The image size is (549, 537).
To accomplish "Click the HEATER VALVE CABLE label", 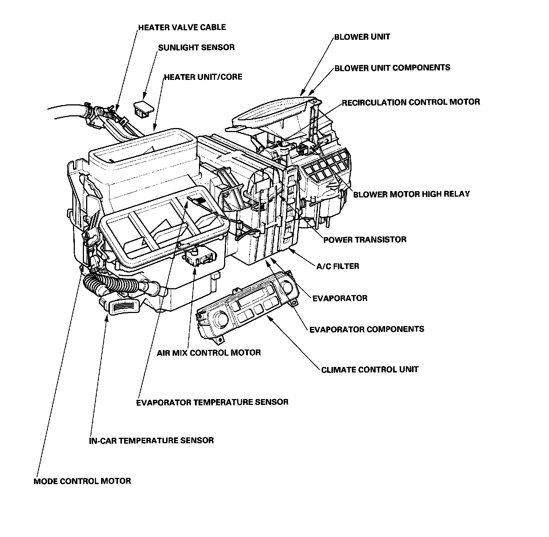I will click(182, 27).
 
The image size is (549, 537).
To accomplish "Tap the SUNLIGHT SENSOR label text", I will click(196, 48).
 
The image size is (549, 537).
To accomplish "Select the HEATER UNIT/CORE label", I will click(203, 77).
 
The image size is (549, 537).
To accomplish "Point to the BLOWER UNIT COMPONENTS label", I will click(392, 68).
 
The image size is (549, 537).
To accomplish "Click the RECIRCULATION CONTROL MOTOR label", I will click(411, 102).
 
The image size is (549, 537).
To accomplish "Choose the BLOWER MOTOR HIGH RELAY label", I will click(411, 194).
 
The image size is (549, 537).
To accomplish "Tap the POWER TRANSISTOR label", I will click(365, 240).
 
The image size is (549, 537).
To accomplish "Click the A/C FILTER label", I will click(337, 266).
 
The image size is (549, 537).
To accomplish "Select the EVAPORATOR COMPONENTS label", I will click(366, 329).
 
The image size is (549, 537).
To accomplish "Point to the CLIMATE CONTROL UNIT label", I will click(369, 370).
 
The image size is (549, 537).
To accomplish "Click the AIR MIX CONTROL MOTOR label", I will click(209, 353).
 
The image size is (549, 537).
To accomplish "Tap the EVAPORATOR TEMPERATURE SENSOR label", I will click(212, 402).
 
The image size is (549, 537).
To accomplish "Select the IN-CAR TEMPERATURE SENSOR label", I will click(151, 440).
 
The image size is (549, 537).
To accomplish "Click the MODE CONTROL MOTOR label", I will click(82, 481).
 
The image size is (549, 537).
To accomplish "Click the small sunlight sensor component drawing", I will click(143, 108).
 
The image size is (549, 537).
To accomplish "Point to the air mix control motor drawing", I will click(199, 257).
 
